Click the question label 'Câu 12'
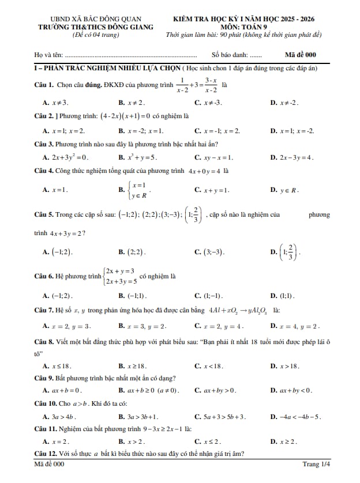(x=44, y=454)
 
